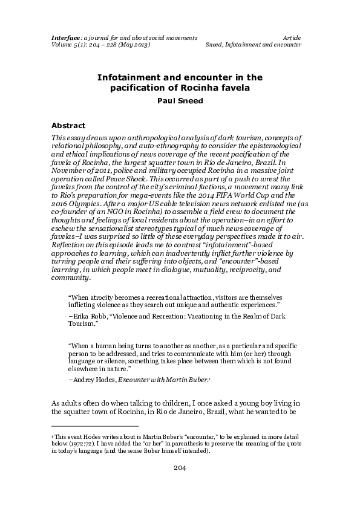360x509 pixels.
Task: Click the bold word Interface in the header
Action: click(65, 38)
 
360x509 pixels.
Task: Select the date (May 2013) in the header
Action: click(130, 45)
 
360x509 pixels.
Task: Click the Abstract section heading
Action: click(68, 126)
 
